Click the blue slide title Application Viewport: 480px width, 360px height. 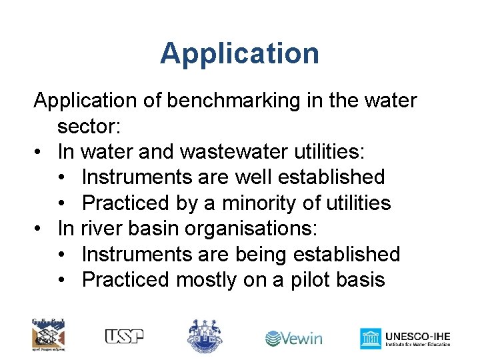pyautogui.click(x=239, y=53)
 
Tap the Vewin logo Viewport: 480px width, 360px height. pyautogui.click(x=294, y=338)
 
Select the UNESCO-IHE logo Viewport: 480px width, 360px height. pyautogui.click(x=405, y=338)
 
